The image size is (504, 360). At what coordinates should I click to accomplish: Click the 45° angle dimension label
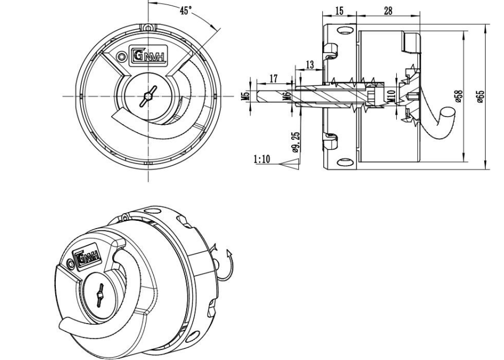coord(186,10)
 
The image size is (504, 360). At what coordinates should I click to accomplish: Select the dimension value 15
coord(339,11)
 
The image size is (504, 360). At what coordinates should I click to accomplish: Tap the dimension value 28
coord(388,11)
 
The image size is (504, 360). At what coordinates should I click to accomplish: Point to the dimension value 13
coord(310,65)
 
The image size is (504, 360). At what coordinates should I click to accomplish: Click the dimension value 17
coord(273,78)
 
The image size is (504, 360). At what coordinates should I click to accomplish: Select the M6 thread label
coord(287,96)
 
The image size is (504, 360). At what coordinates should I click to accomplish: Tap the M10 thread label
coord(391,96)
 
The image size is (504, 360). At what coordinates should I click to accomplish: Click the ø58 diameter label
coord(460,96)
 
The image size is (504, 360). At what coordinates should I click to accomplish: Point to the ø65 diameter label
coord(480,96)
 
